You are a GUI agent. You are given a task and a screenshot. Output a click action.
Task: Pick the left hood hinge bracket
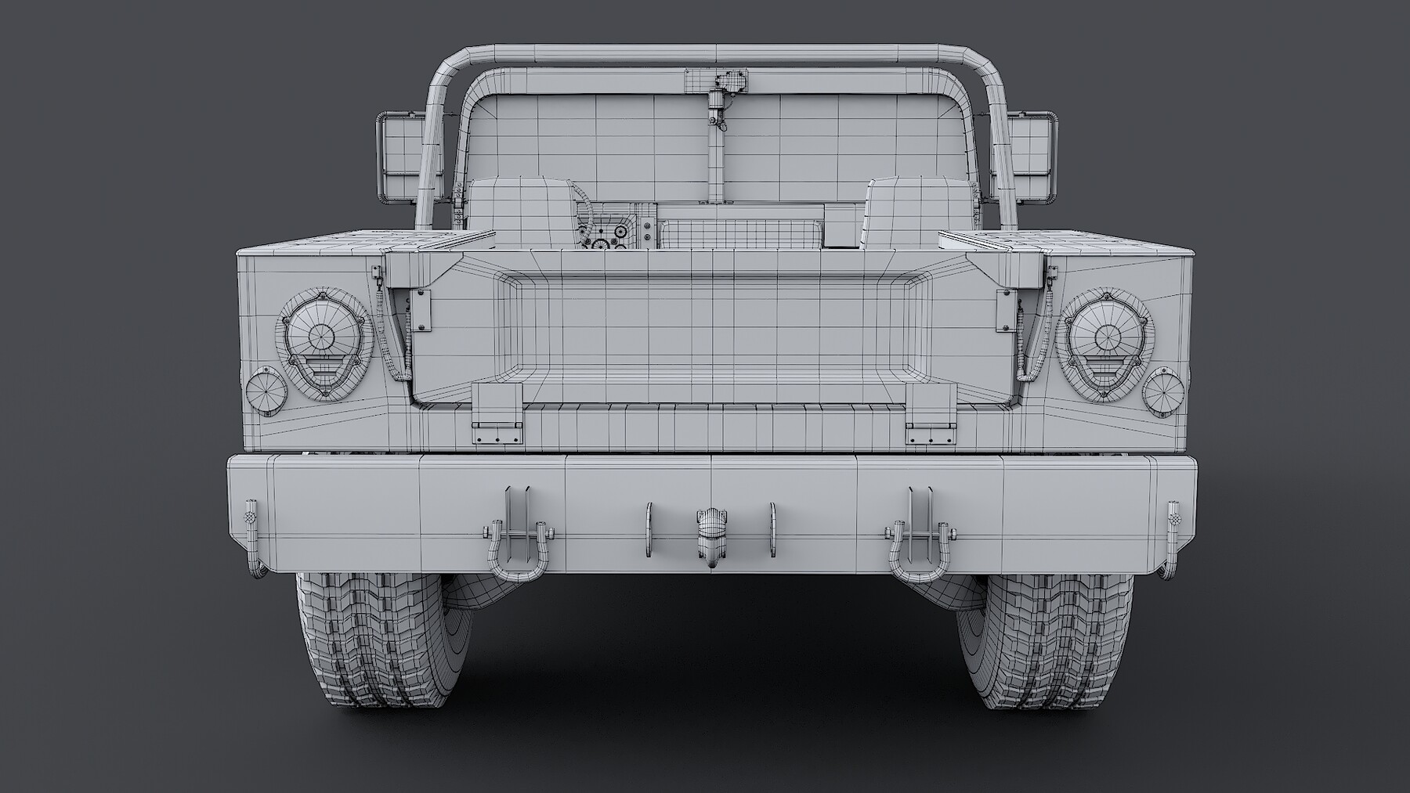497,415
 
